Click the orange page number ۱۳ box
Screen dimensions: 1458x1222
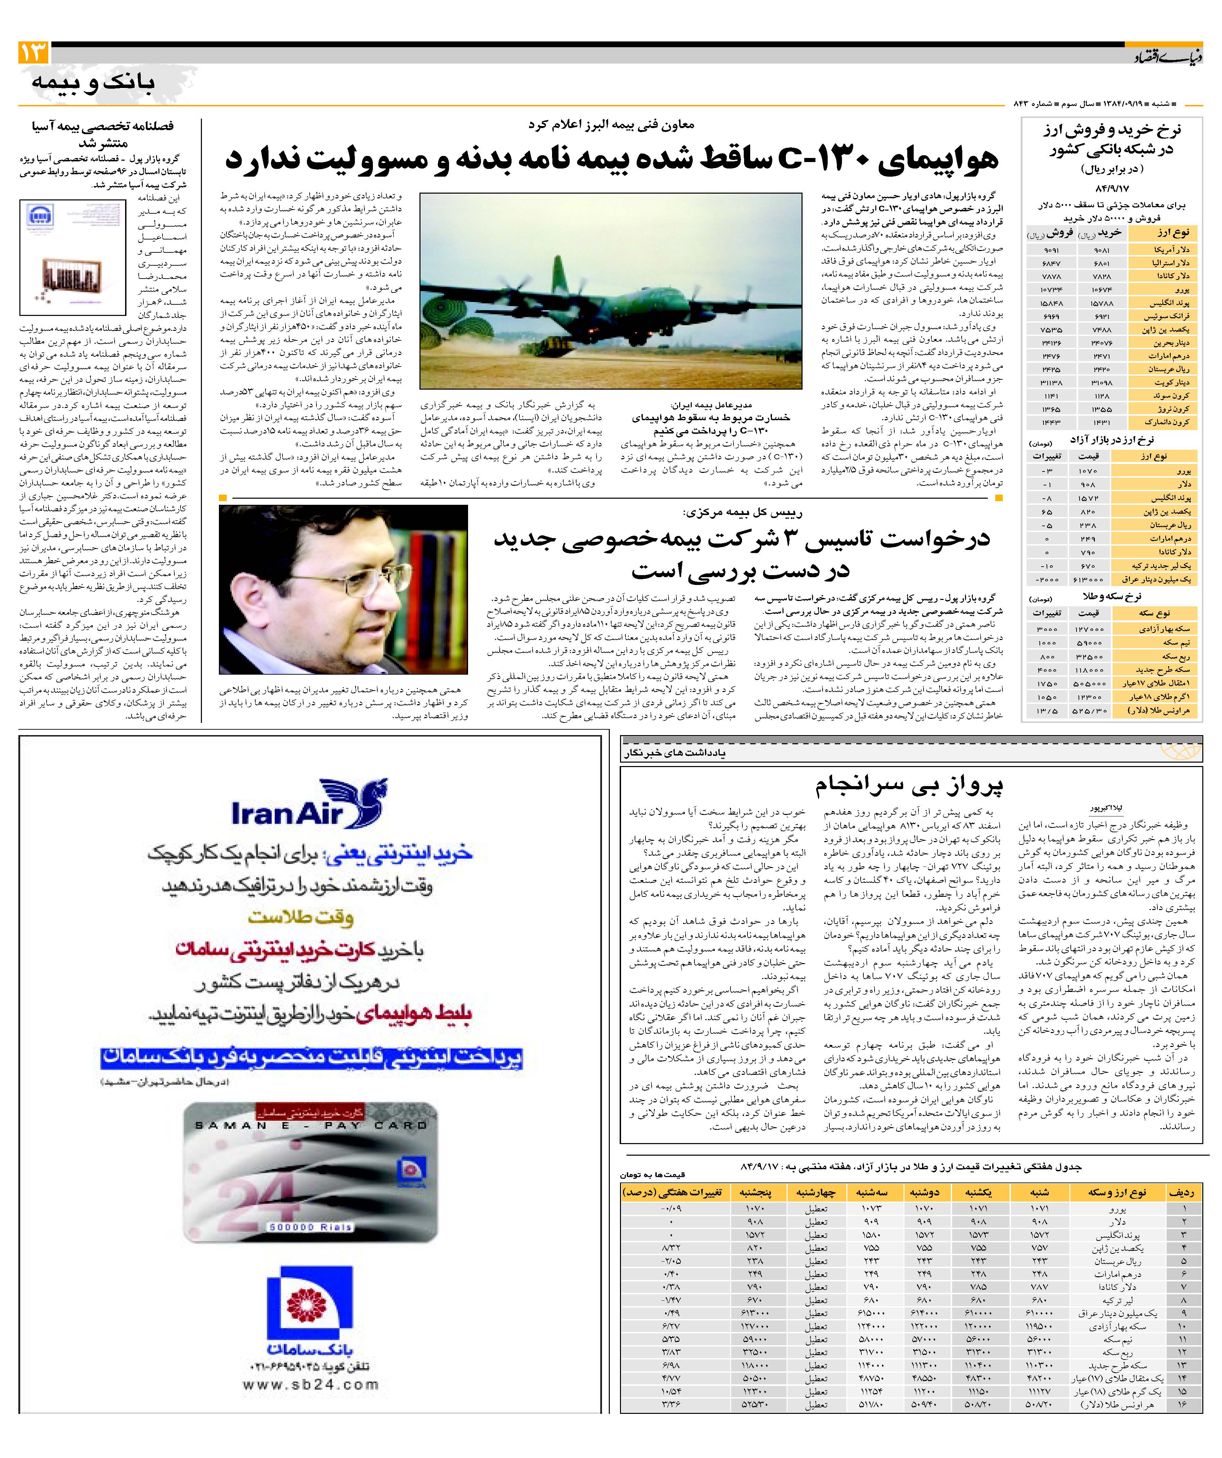pos(33,52)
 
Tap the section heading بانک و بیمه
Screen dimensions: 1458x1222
pos(92,82)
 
